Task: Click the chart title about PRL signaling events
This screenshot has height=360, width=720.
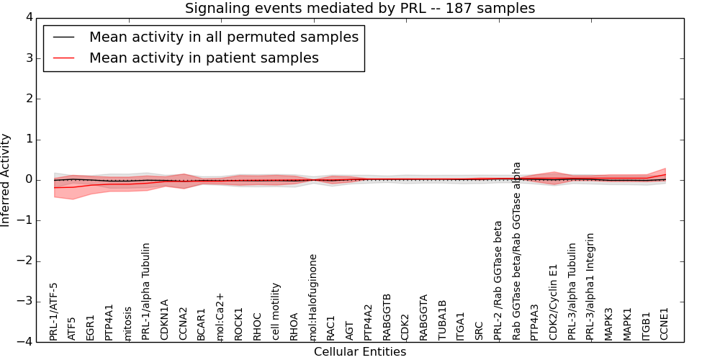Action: tap(360, 9)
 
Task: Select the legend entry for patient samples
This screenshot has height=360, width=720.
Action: tap(204, 58)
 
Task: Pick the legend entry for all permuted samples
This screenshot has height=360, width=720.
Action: tap(223, 37)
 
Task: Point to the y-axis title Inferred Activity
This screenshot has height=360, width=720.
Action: tap(6, 180)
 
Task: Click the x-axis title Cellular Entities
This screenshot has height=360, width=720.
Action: tap(360, 352)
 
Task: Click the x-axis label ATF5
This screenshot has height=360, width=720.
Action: tap(72, 328)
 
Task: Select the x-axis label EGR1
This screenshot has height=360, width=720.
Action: tap(91, 327)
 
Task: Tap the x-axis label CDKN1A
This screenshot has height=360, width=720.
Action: tap(165, 320)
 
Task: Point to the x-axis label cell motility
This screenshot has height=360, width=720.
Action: tap(276, 311)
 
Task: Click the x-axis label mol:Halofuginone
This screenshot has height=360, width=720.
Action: tap(312, 297)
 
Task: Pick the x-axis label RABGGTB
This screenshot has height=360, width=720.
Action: tap(387, 317)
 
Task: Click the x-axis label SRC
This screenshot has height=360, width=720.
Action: tap(480, 330)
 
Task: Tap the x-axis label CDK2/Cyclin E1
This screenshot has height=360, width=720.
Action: tap(554, 302)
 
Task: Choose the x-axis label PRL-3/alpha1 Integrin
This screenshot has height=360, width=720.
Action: tap(590, 286)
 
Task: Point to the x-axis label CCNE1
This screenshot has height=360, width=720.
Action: tap(665, 324)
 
